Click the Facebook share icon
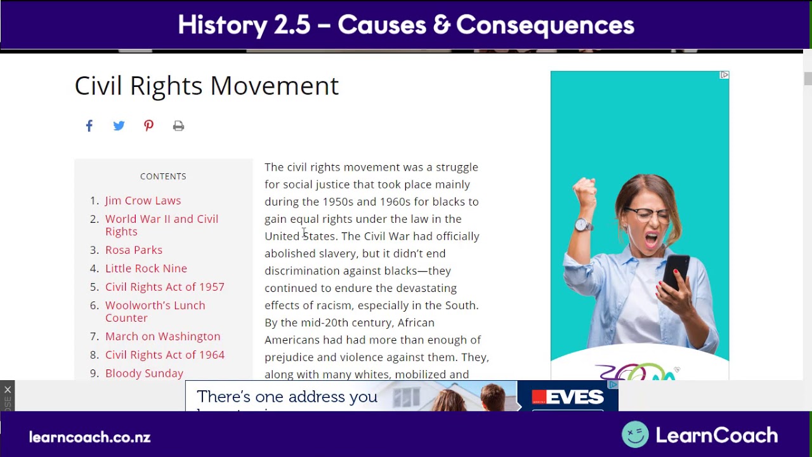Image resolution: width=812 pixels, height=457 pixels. click(x=89, y=126)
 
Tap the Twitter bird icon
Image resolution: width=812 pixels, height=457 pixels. click(x=119, y=126)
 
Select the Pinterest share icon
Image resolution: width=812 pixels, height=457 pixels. click(x=148, y=126)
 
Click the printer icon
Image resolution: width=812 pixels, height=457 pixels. click(x=178, y=126)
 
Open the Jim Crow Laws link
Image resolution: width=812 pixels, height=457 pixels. click(x=143, y=201)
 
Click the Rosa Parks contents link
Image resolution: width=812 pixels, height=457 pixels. click(x=133, y=250)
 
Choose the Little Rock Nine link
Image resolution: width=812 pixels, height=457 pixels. click(x=146, y=268)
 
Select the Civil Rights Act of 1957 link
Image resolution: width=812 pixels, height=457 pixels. click(x=164, y=287)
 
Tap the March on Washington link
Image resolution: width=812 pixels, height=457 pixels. click(x=162, y=336)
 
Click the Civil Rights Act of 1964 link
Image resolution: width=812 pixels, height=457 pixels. click(x=164, y=355)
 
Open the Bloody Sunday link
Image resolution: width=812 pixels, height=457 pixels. click(x=144, y=373)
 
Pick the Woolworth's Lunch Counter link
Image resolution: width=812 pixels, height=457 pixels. click(x=155, y=312)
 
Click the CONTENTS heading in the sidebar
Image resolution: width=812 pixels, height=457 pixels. click(x=163, y=176)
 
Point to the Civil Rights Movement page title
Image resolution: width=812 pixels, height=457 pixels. click(x=206, y=86)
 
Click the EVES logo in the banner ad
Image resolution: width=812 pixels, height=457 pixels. click(x=568, y=397)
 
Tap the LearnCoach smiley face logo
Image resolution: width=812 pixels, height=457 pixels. click(x=635, y=435)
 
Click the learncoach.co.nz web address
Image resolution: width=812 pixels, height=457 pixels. click(x=89, y=437)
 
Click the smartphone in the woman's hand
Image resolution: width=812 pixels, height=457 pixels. click(x=676, y=272)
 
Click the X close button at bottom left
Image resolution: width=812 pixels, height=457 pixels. click(x=7, y=390)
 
